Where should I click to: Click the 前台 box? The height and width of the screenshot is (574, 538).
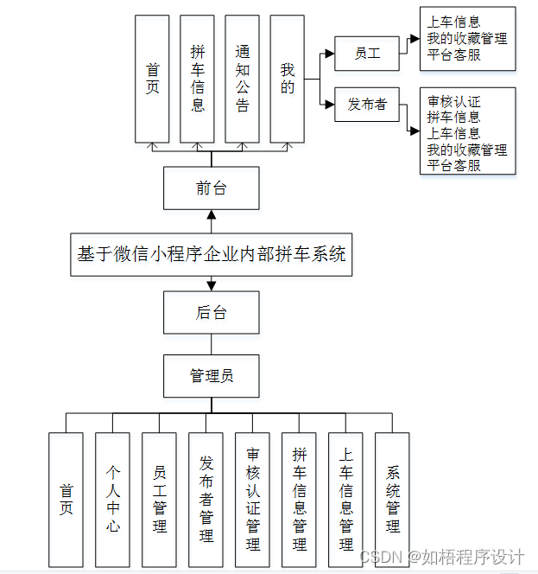pyautogui.click(x=211, y=188)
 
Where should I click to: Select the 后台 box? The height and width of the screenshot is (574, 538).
pyautogui.click(x=211, y=312)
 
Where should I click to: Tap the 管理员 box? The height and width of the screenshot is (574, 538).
pyautogui.click(x=211, y=375)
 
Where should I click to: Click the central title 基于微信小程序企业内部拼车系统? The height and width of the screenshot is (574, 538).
pyautogui.click(x=211, y=254)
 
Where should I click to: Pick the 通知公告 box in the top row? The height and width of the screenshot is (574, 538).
pyautogui.click(x=242, y=79)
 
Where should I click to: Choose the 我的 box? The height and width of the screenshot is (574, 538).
pyautogui.click(x=287, y=79)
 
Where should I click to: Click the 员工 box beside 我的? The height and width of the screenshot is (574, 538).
pyautogui.click(x=367, y=54)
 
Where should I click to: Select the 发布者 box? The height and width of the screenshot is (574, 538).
pyautogui.click(x=367, y=105)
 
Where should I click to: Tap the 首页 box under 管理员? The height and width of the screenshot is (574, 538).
pyautogui.click(x=66, y=499)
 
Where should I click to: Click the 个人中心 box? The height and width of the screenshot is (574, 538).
pyautogui.click(x=112, y=499)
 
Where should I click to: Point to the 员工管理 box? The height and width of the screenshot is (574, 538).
pyautogui.click(x=159, y=499)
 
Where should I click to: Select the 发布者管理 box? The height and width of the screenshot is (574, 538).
pyautogui.click(x=206, y=499)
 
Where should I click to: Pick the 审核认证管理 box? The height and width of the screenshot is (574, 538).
pyautogui.click(x=252, y=499)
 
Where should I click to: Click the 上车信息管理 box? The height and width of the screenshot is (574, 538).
pyautogui.click(x=345, y=499)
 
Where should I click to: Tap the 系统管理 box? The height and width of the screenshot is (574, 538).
pyautogui.click(x=392, y=499)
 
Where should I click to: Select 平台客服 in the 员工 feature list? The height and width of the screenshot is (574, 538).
pyautogui.click(x=453, y=54)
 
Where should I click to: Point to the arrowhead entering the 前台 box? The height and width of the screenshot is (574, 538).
pyautogui.click(x=211, y=214)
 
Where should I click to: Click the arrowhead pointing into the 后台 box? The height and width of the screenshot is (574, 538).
pyautogui.click(x=211, y=285)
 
